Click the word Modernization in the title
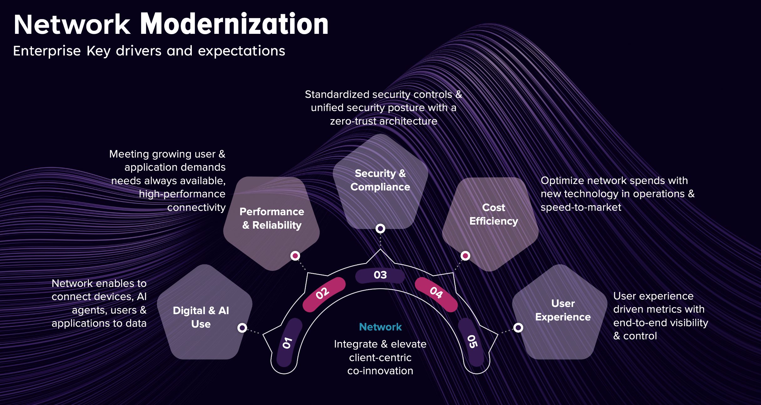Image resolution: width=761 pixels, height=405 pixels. tap(234, 24)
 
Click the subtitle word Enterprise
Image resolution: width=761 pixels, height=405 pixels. tap(47, 51)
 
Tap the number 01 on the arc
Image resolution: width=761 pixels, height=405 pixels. tap(287, 343)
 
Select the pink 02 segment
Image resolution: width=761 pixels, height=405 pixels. tap(323, 293)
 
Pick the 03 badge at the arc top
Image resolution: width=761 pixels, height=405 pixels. tap(380, 275)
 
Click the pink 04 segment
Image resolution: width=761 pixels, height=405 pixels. tap(436, 293)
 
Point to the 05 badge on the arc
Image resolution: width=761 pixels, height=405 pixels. tap(472, 342)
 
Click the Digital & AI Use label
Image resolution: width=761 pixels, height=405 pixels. tap(201, 317)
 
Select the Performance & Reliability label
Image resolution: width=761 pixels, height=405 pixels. tap(272, 218)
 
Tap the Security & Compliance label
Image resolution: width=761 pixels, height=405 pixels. tap(380, 180)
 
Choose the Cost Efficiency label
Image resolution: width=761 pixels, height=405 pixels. tap(493, 214)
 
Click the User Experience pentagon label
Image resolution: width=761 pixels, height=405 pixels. tap(563, 310)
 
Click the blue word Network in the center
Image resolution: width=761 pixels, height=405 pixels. tap(380, 327)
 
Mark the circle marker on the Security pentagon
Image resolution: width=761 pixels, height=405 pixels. tap(380, 229)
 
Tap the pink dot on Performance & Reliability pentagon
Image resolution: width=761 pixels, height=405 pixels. tap(295, 256)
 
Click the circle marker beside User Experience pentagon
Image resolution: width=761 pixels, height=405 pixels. tap(518, 328)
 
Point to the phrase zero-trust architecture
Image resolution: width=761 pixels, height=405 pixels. tap(384, 121)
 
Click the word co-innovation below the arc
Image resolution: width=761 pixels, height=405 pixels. tap(380, 371)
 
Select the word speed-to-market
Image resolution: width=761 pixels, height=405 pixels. tap(581, 207)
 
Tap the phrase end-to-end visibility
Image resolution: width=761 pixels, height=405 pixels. tap(661, 323)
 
